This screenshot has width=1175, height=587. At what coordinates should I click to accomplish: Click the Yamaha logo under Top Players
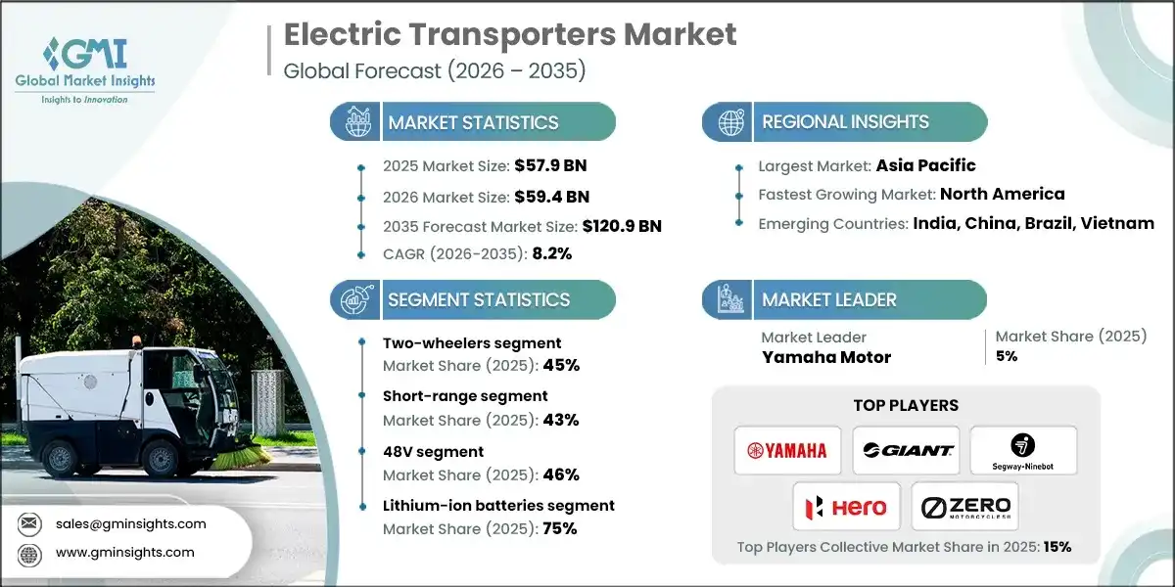pos(787,450)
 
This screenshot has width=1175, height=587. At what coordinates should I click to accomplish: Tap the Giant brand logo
pos(906,450)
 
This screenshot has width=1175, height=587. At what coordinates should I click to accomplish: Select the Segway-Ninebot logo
pos(1023,450)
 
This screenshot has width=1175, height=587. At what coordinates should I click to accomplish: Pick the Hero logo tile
pos(846,507)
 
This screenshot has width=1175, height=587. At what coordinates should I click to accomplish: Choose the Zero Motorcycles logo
pos(964,507)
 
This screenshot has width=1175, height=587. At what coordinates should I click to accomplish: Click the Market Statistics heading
pos(473,122)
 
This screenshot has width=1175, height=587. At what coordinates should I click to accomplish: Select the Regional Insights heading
pos(845,122)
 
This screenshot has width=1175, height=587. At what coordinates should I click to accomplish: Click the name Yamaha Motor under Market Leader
pos(826,357)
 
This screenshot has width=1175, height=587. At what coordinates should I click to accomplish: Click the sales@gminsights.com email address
pos(130,523)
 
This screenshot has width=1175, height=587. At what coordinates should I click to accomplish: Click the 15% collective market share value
pos(1057,547)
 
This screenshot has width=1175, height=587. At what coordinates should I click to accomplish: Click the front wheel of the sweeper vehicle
pos(158,458)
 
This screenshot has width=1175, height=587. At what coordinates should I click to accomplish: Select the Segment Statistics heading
pos(479,299)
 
